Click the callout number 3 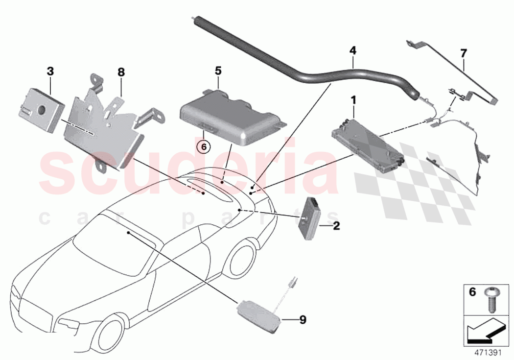50,71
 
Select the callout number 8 121,72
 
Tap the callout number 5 218,71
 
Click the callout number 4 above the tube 352,50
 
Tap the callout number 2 336,226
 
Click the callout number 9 303,320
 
